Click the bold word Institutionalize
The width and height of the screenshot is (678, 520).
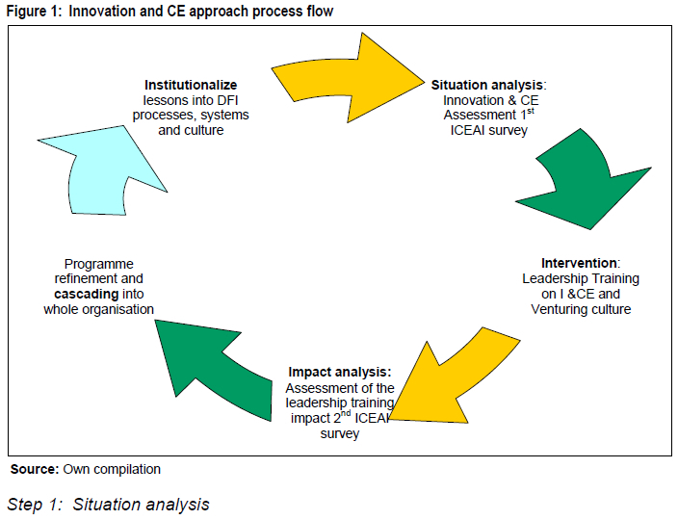point(191,85)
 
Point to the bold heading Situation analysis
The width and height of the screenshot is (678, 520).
point(487,85)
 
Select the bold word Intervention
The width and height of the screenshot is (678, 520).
point(578,263)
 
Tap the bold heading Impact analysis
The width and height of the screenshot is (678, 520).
point(339,372)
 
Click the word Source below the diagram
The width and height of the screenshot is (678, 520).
point(35,469)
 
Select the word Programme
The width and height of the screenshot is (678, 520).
point(98,263)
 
